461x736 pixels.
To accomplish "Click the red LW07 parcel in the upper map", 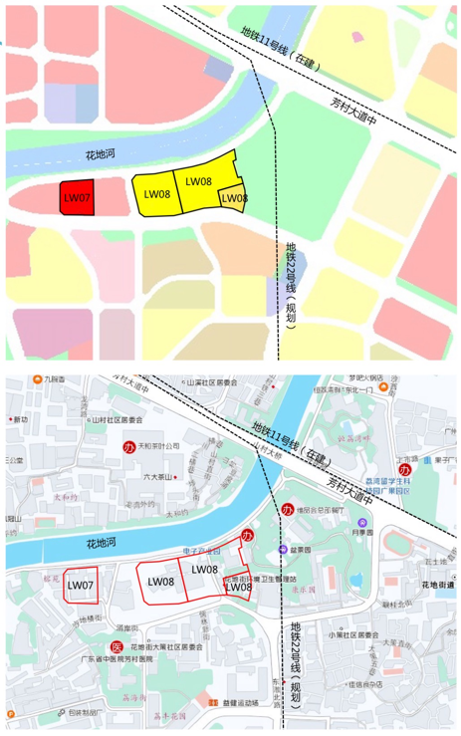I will point(76,197).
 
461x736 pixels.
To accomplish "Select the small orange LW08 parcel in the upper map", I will point(233,198).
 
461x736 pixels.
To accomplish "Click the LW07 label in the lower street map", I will point(80,585).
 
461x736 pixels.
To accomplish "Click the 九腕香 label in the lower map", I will point(48,379).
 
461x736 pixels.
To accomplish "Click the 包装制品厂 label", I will point(76,712).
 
